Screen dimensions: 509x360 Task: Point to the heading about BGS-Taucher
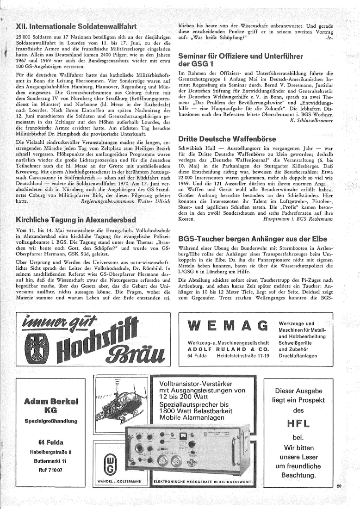click(x=253, y=238)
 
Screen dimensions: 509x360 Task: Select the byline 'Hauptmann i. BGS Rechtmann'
click(x=298, y=223)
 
